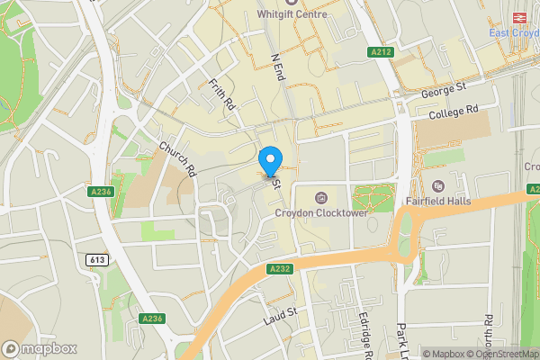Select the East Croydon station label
[514, 33]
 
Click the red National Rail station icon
[518, 17]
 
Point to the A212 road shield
[382, 53]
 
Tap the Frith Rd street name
[221, 94]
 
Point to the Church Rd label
[177, 158]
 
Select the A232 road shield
[278, 268]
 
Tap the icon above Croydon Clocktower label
[320, 197]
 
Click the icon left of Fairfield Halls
[438, 185]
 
